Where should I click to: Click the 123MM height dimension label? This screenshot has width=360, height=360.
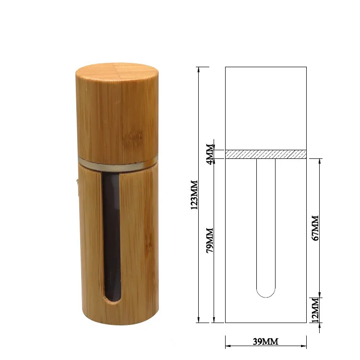194,195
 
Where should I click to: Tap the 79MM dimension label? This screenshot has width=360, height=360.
210,240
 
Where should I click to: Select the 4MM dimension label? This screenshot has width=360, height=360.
210,154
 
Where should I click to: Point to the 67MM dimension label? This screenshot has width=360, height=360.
315,228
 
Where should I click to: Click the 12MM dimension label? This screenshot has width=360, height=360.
315,310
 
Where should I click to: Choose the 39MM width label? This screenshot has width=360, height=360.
265,341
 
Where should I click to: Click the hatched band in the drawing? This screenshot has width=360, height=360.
266,154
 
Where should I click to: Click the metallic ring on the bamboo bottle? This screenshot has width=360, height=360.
118,164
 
